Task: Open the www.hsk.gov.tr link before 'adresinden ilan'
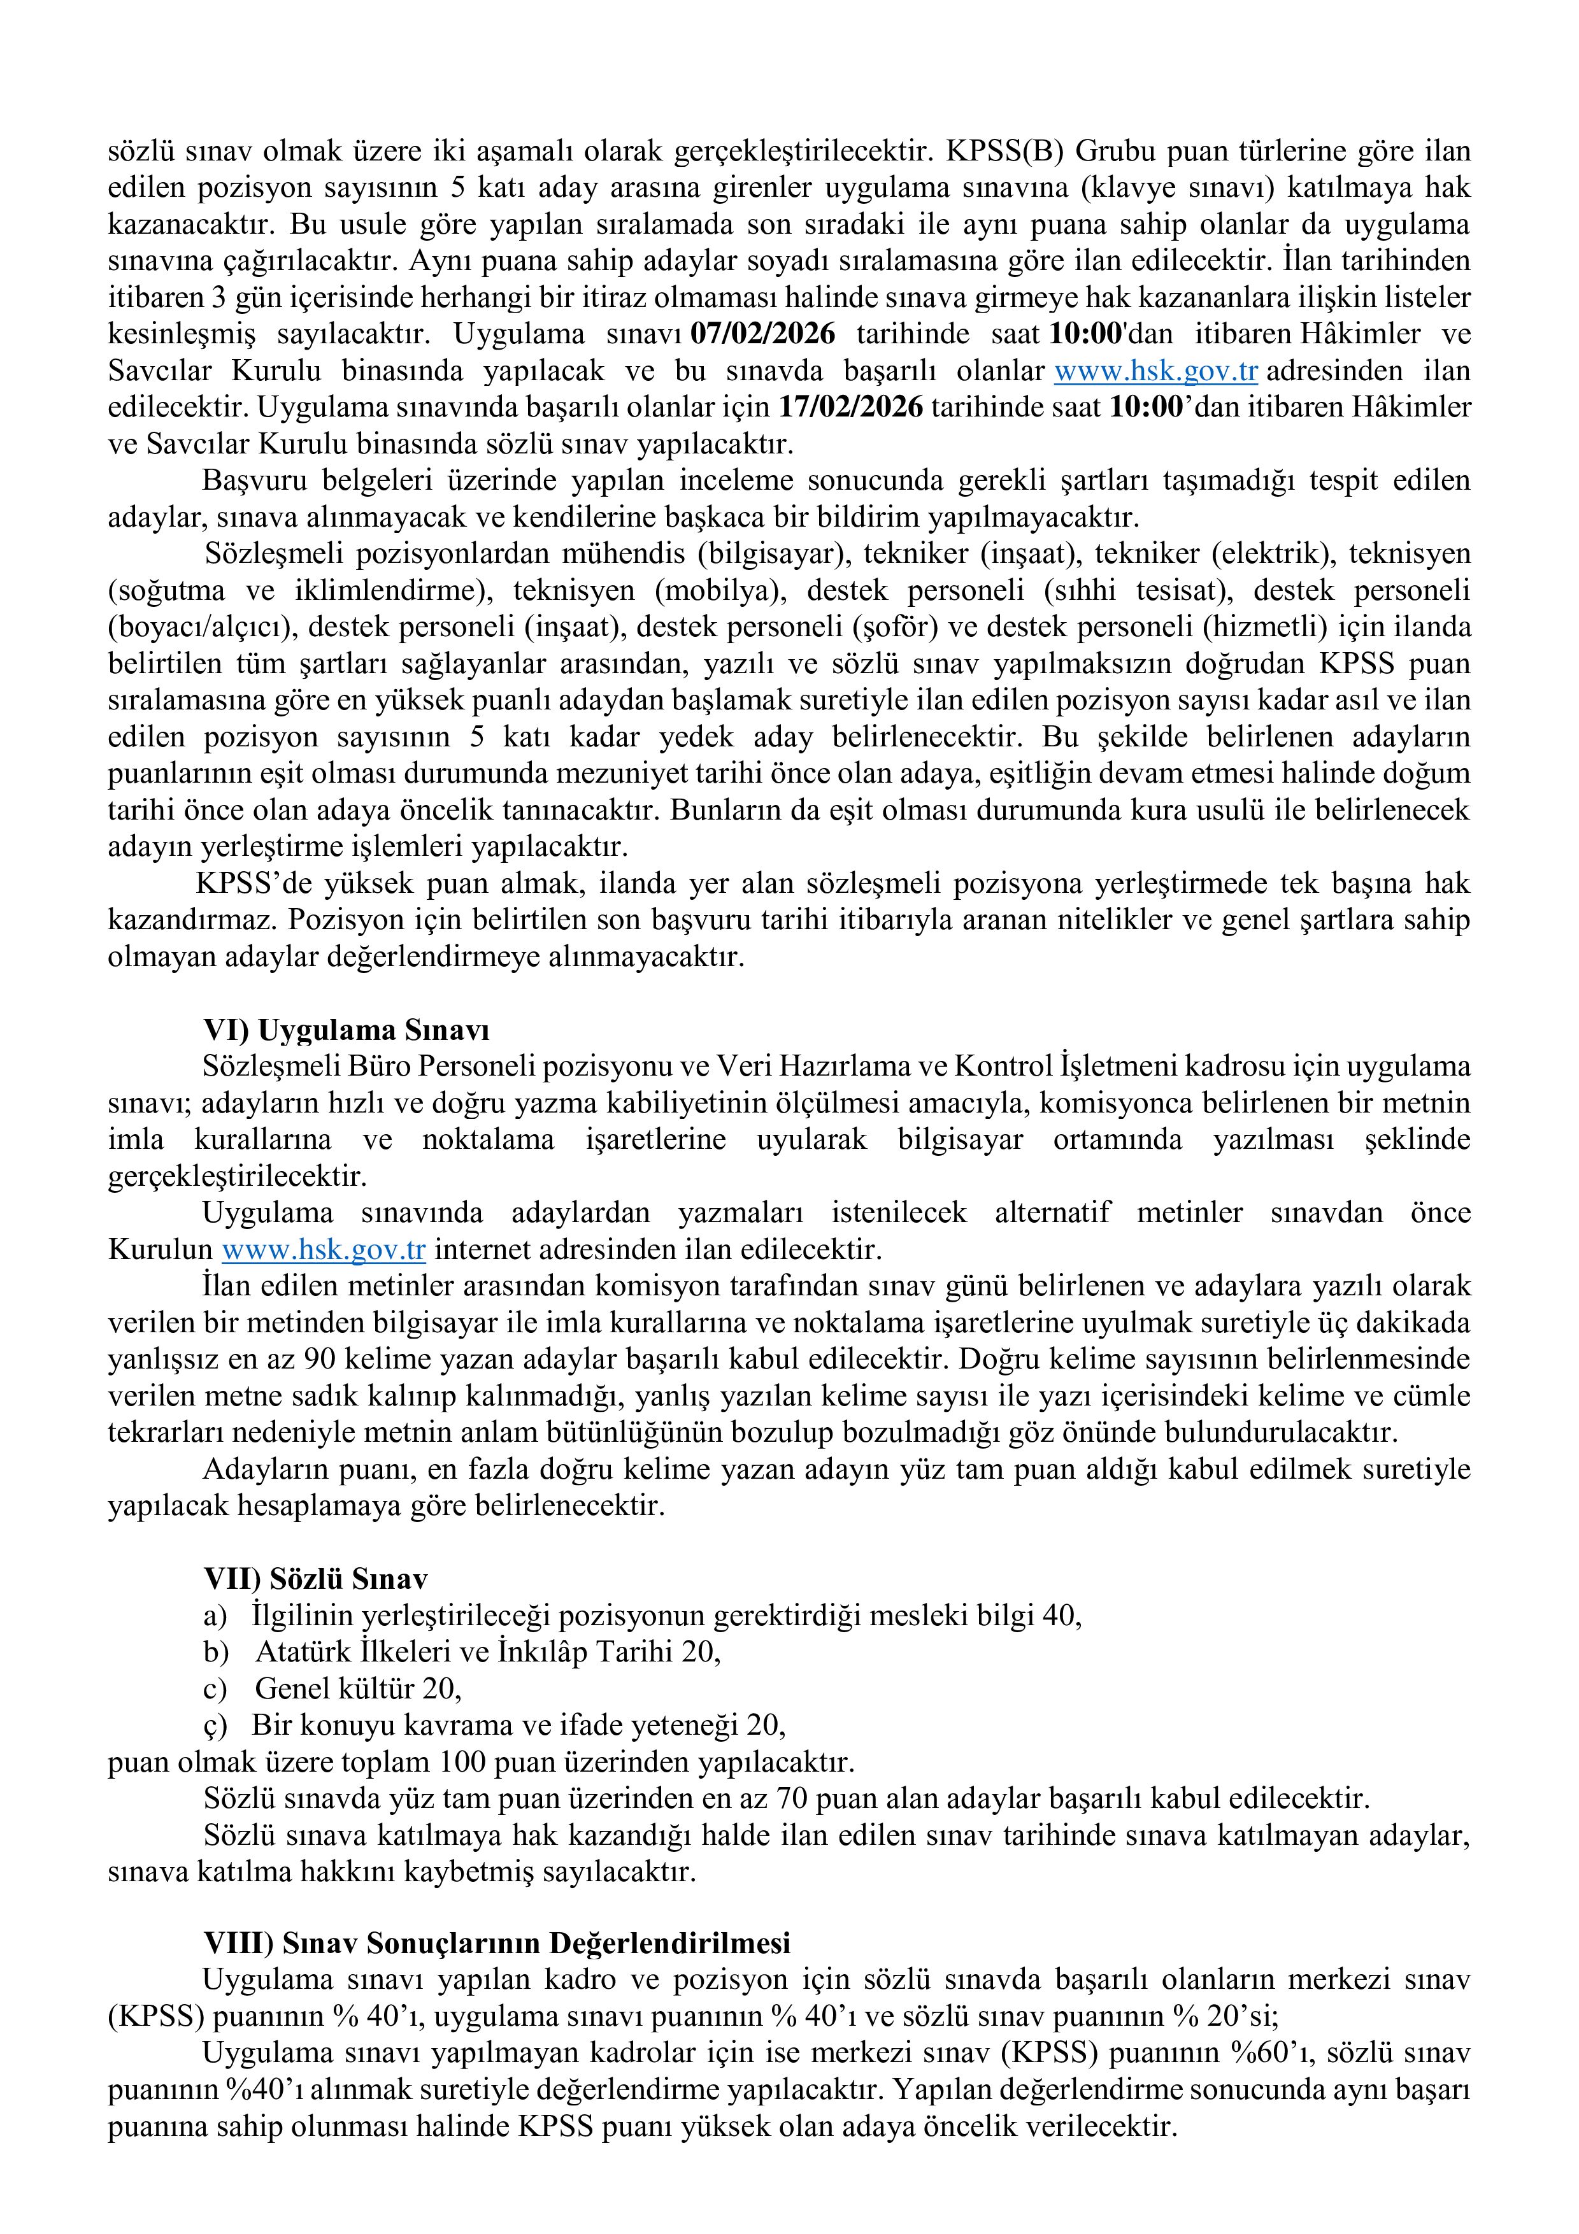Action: click(1156, 371)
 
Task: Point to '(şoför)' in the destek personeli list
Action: click(893, 627)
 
